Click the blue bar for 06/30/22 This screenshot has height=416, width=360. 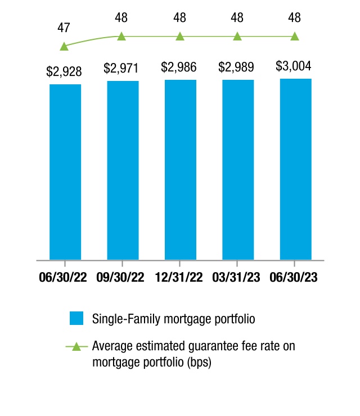click(65, 172)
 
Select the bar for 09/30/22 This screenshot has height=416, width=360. click(123, 170)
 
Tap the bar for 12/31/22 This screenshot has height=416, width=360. click(181, 170)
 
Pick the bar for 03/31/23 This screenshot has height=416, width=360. click(238, 170)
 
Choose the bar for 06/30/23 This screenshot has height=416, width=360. click(296, 169)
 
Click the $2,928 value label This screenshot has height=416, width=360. click(64, 71)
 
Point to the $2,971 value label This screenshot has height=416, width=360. click(121, 68)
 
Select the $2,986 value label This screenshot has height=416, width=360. click(179, 67)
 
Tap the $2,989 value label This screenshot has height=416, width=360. click(236, 67)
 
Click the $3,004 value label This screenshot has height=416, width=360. click(294, 66)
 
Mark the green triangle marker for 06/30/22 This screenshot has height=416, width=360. click(64, 47)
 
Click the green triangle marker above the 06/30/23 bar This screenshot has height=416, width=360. click(295, 37)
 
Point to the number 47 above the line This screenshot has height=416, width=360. click(64, 28)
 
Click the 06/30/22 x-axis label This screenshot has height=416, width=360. click(63, 277)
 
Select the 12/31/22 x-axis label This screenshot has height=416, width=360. click(179, 277)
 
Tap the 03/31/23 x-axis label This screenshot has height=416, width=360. click(236, 277)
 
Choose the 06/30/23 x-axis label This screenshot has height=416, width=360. click(294, 277)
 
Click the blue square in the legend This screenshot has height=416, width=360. click(76, 318)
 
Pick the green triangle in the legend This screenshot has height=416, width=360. click(76, 346)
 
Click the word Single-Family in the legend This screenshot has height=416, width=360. click(127, 319)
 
